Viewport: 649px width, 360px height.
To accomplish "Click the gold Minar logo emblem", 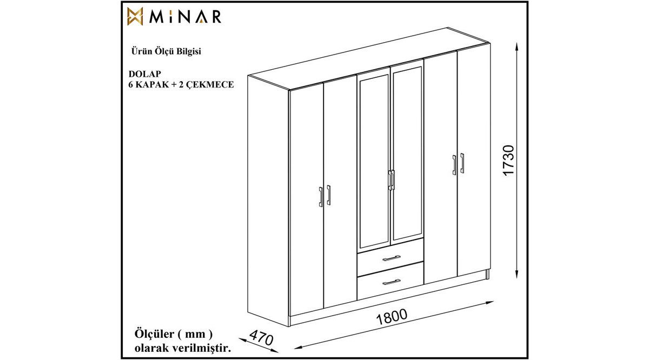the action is pos(135,16).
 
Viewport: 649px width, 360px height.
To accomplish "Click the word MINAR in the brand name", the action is pos(186,17).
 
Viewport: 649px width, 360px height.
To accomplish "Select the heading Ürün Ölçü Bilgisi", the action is pos(167,51).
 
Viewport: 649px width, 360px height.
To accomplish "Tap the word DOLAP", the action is pos(144,74).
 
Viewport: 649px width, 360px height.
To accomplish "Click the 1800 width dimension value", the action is pos(392,317).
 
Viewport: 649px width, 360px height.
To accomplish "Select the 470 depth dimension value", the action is pos(261,338).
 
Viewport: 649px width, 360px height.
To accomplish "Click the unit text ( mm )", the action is pos(195,334).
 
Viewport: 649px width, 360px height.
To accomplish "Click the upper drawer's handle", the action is pos(392,258).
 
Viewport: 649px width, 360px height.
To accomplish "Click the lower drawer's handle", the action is pos(392,282).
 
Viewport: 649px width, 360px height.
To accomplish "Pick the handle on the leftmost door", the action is pos(321,197).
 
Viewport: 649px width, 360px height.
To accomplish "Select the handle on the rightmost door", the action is pos(462,163).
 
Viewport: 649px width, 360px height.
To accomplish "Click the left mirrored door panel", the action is pos(374,161).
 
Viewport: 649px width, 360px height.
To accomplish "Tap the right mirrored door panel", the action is pos(407,154).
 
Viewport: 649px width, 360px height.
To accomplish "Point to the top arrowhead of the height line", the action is pos(516,46).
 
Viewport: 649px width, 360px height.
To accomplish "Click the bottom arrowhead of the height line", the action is pos(516,274).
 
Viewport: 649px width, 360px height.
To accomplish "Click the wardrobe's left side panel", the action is pos(269,200).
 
